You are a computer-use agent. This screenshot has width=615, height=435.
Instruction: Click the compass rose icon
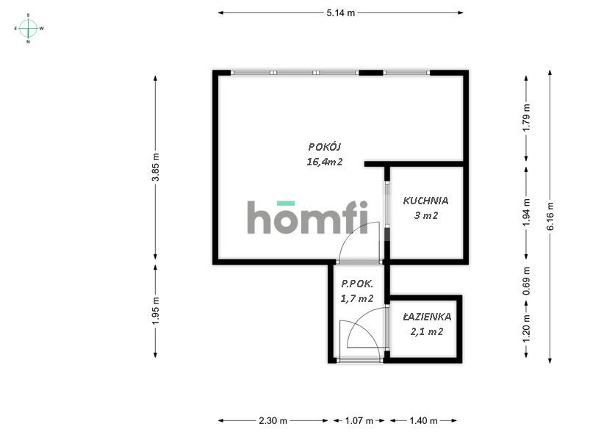(x=29, y=28)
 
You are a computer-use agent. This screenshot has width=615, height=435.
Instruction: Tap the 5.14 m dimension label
(x=341, y=12)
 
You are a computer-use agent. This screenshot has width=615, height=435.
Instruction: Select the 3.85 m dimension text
(x=155, y=167)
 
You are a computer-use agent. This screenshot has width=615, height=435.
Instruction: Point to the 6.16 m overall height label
(x=550, y=215)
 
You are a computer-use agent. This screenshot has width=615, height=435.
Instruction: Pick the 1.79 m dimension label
(x=525, y=118)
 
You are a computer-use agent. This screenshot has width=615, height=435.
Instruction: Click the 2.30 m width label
(x=273, y=421)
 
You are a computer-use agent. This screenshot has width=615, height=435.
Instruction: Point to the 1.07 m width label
(x=359, y=421)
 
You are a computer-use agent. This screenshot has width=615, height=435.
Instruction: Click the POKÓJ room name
(x=324, y=147)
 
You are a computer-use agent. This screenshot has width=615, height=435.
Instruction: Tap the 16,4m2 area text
(x=324, y=162)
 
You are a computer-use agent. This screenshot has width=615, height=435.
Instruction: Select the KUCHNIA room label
(x=425, y=200)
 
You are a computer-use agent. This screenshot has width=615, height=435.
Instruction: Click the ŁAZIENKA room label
(x=426, y=317)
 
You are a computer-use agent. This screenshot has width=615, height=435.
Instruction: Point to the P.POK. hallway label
(x=357, y=284)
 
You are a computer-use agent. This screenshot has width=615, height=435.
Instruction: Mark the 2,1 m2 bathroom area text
(x=426, y=332)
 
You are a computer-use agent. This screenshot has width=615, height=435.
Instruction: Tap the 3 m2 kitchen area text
(x=425, y=215)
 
